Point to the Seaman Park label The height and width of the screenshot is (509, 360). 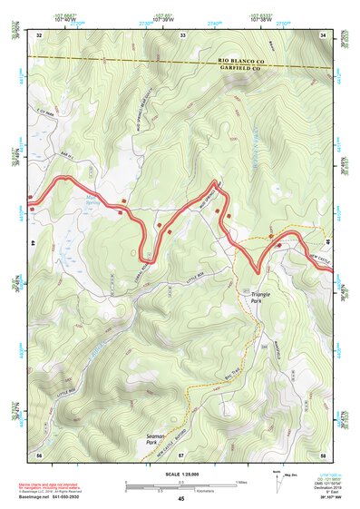[x=155, y=439]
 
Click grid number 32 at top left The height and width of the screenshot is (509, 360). [x=39, y=34]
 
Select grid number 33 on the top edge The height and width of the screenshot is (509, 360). [x=182, y=34]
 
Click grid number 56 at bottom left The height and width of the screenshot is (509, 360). [x=39, y=454]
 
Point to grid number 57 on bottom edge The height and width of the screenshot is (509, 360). [x=180, y=454]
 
